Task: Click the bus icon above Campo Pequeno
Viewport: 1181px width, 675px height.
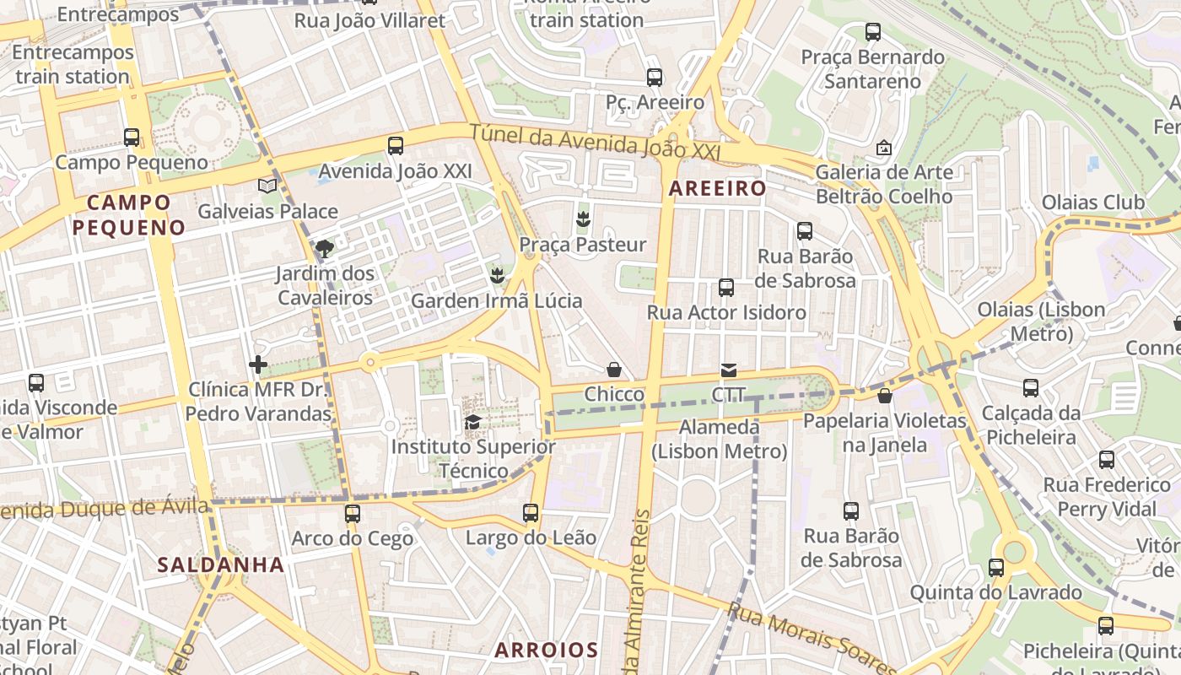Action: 131,137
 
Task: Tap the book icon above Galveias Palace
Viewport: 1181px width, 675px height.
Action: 267,186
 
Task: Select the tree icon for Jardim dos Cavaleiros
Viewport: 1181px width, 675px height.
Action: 324,248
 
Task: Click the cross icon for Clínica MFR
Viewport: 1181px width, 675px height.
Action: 258,364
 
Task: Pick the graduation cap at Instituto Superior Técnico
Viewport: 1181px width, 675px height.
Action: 472,422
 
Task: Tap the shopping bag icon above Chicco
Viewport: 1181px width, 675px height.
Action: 614,370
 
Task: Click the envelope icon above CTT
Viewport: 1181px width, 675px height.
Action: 728,370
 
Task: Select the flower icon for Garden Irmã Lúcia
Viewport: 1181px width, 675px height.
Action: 497,275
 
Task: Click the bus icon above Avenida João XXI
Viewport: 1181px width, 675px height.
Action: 396,146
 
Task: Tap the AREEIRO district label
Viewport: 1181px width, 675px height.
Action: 717,189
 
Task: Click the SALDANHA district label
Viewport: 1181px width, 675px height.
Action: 221,564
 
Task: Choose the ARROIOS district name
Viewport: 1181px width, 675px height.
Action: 546,650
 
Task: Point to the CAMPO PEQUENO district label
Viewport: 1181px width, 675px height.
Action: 128,214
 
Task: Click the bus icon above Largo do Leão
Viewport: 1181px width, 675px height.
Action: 531,513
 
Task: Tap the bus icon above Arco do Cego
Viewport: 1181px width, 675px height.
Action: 353,513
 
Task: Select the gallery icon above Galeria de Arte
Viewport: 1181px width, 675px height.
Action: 883,148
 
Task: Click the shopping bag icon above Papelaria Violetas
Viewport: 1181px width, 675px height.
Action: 884,396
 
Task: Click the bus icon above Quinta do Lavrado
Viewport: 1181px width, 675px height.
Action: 996,568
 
